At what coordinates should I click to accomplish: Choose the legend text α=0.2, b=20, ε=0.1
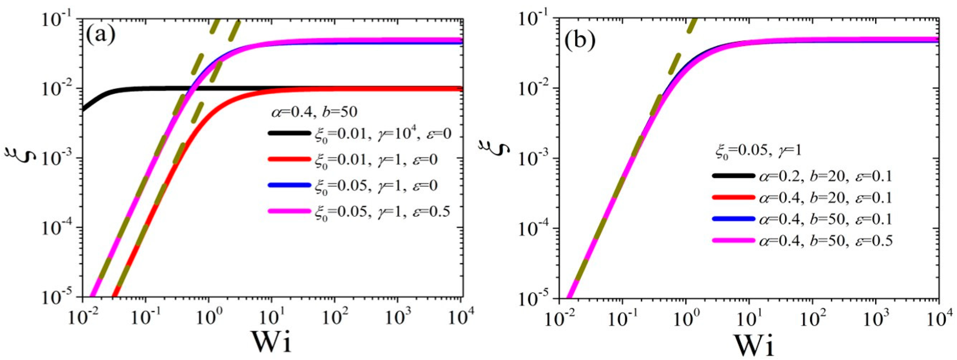click(825, 176)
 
